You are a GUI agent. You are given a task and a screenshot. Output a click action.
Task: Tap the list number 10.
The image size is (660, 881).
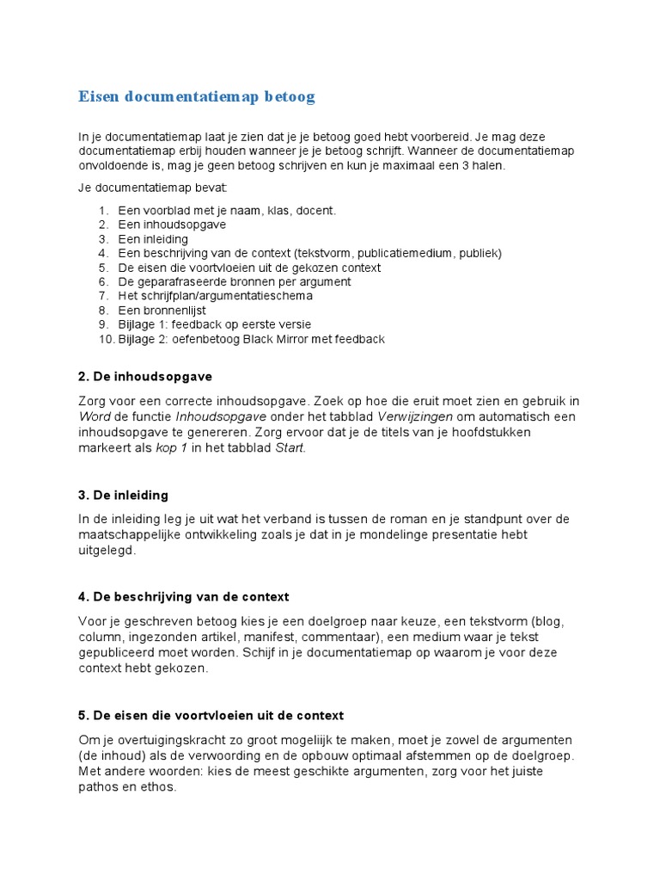(105, 339)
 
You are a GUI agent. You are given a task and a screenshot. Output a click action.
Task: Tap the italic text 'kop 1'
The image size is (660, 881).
(171, 448)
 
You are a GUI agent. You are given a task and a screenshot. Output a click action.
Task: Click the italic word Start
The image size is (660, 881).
(290, 448)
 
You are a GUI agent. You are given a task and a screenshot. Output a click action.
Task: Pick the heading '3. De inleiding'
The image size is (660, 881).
(123, 496)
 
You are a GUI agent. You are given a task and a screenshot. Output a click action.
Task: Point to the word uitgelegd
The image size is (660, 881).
(107, 551)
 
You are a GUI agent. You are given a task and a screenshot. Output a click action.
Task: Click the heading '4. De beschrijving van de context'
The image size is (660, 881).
(183, 597)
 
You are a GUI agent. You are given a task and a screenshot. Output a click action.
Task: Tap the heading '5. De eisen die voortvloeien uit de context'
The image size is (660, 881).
(211, 716)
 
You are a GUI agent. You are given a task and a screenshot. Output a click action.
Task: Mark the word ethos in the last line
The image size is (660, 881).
(155, 786)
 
